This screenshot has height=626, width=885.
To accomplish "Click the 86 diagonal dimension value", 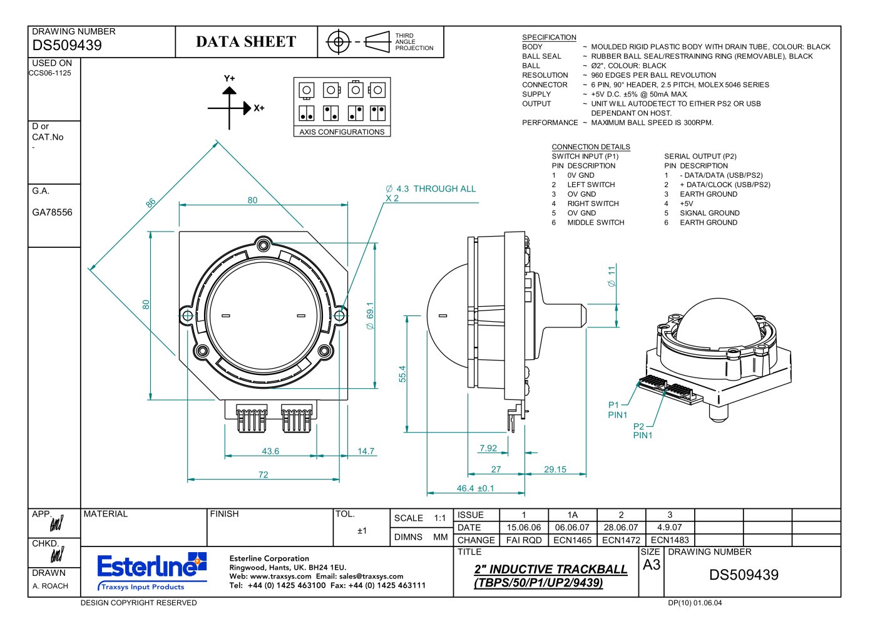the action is (x=151, y=203).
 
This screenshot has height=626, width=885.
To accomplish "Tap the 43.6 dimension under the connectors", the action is (x=270, y=451).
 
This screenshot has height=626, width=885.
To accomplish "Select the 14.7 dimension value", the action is (x=366, y=451).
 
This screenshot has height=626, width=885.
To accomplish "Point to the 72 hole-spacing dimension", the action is (x=263, y=475).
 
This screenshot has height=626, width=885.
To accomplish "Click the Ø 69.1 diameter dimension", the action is (x=370, y=316).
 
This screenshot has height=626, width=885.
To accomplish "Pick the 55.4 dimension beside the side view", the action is (x=402, y=374).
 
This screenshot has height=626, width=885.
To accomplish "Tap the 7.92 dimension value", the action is (x=488, y=448).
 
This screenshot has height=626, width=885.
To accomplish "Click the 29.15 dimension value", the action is (x=555, y=469).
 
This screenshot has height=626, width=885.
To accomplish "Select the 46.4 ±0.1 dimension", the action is (x=475, y=488).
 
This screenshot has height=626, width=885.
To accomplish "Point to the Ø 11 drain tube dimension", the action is (x=611, y=276).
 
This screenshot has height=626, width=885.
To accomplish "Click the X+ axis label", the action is (x=258, y=108).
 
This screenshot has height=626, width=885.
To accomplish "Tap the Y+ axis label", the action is (x=230, y=78).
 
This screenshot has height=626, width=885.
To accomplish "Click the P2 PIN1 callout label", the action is (x=642, y=431).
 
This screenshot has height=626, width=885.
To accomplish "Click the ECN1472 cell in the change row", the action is (x=621, y=540).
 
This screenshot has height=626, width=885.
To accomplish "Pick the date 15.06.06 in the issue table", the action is (x=523, y=527).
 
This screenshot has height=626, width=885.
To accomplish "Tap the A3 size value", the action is (x=652, y=565).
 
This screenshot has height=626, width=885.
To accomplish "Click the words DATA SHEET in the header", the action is (x=246, y=41).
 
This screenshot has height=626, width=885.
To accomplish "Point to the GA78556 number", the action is (x=52, y=212).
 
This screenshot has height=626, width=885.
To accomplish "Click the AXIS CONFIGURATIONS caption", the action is (x=342, y=131).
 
